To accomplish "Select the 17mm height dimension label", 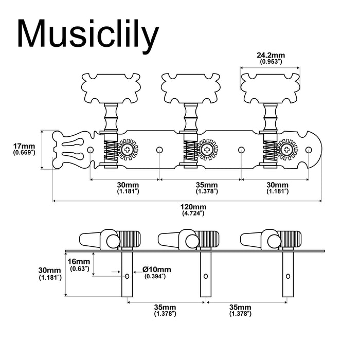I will pyautogui.click(x=24, y=149).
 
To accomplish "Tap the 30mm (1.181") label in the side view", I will pyautogui.click(x=50, y=274).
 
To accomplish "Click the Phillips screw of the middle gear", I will pyautogui.click(x=208, y=150).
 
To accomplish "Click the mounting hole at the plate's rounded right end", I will pyautogui.click(x=309, y=150).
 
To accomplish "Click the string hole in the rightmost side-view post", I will pyautogui.click(x=286, y=276).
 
